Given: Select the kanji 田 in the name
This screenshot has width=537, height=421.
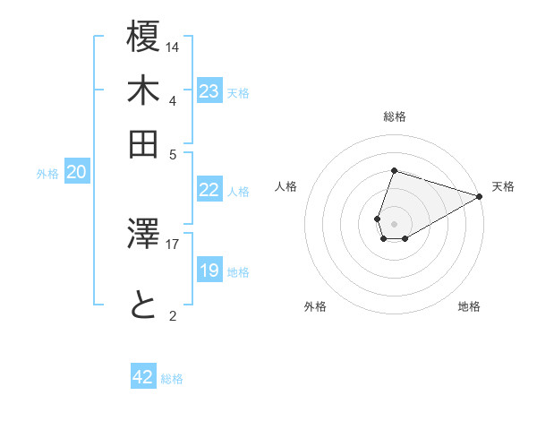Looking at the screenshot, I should [x=144, y=143].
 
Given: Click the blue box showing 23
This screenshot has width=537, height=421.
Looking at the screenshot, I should [x=209, y=91].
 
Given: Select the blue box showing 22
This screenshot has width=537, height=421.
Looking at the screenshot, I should [x=209, y=190].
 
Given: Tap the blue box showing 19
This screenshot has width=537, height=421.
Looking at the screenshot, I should [x=209, y=271].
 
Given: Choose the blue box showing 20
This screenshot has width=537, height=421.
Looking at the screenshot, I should [x=76, y=173].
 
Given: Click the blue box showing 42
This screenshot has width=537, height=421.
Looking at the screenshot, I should [x=143, y=377].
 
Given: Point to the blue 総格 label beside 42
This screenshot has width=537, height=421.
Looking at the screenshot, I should [x=172, y=379].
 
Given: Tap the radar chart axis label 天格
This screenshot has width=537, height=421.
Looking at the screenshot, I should [x=503, y=186].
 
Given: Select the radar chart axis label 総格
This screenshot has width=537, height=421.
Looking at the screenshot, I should [x=394, y=116].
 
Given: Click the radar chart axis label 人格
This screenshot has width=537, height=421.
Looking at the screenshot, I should [x=286, y=186].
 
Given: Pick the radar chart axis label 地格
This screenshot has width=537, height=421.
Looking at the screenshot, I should [x=469, y=306].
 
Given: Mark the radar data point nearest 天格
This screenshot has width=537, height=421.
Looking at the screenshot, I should [x=480, y=196].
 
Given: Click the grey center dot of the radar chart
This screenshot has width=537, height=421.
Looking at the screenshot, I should [x=394, y=224].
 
